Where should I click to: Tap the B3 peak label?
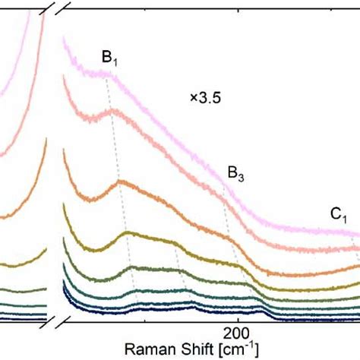236,175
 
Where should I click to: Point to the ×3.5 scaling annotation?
205,97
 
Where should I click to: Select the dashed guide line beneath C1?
352,247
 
